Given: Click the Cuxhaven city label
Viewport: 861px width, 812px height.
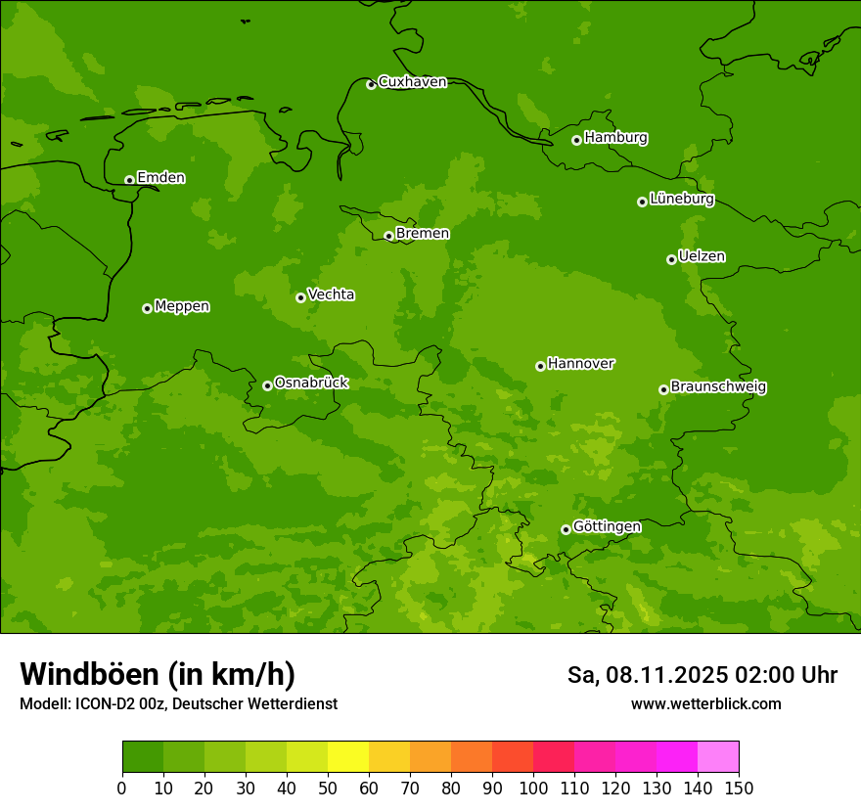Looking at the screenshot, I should (x=412, y=82).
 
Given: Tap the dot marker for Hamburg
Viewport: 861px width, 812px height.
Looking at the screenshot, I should (x=577, y=140).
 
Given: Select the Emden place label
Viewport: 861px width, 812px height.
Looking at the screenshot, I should (x=160, y=178).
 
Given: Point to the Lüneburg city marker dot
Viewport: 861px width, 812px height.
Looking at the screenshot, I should (x=642, y=202).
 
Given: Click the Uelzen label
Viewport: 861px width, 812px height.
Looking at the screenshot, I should (x=702, y=257).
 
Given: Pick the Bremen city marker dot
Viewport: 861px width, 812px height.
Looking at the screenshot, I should (x=388, y=236).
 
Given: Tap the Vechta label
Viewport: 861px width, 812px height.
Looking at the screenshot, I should (x=331, y=294).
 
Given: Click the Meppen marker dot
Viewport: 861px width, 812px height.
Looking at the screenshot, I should (x=147, y=308).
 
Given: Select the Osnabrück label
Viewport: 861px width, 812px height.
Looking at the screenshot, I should (x=311, y=383).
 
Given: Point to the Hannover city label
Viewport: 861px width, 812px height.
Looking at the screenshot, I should (x=580, y=364).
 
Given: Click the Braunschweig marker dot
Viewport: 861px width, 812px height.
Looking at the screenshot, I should (x=663, y=389).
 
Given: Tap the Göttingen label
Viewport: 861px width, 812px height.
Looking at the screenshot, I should (x=607, y=526).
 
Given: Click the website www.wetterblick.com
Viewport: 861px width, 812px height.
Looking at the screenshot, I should (x=705, y=703).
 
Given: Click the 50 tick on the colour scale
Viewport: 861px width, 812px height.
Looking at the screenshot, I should (x=328, y=788).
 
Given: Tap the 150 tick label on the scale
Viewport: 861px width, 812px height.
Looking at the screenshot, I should (x=739, y=788).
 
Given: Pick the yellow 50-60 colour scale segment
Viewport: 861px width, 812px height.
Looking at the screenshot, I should (x=348, y=757).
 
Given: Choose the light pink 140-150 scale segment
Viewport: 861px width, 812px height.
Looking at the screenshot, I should (x=718, y=757).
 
